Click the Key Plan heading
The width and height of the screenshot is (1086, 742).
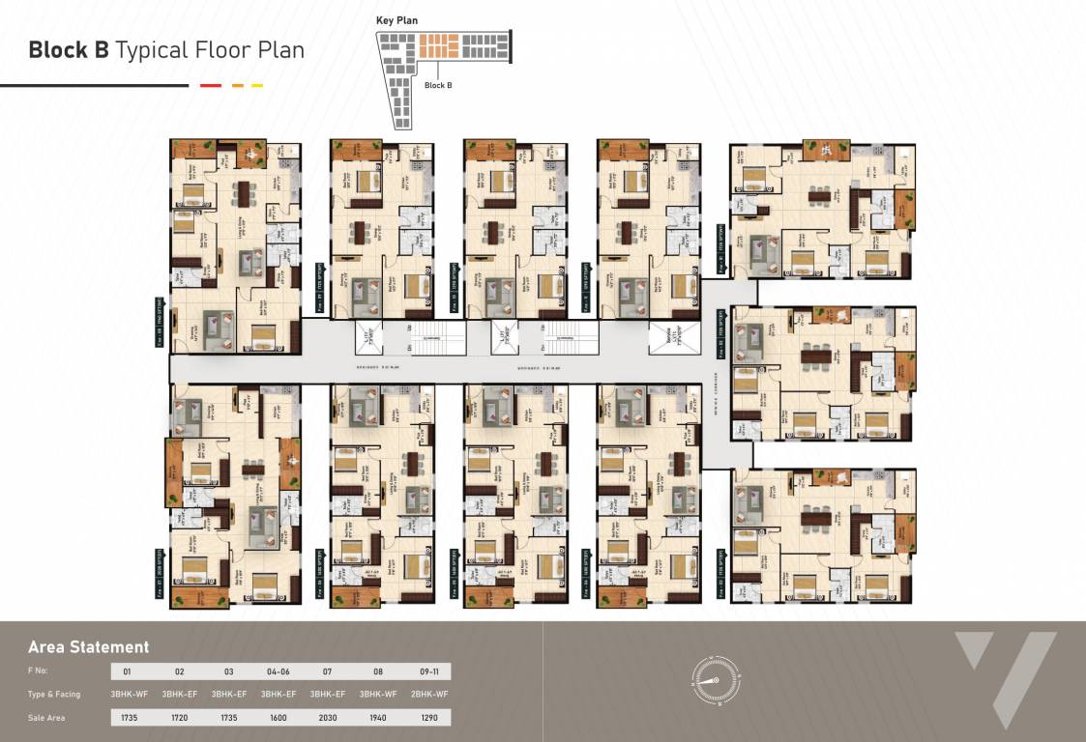click(397, 20)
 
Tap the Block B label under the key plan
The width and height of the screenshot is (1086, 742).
click(438, 85)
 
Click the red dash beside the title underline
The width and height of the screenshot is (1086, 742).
click(210, 86)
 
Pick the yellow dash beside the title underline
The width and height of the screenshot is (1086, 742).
click(257, 86)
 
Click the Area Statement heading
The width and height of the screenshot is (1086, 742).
click(88, 647)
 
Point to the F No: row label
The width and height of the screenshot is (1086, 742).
click(38, 671)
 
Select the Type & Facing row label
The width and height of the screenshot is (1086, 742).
click(54, 695)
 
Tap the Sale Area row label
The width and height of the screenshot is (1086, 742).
click(45, 718)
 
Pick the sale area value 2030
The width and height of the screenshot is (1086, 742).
click(324, 718)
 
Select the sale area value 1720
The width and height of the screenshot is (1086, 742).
click(179, 718)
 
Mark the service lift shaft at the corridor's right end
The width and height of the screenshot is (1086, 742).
click(663, 338)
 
